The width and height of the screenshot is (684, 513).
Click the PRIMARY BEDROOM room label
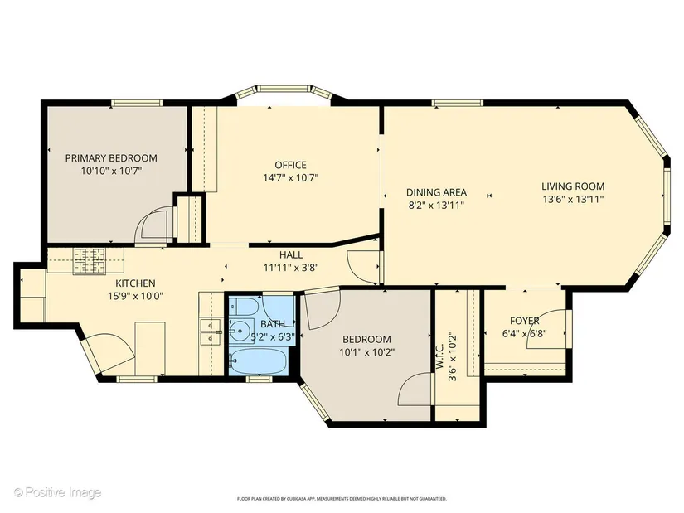coord(111,158)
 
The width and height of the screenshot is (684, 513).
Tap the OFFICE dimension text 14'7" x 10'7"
coord(290,177)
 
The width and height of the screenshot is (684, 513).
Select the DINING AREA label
coord(436,192)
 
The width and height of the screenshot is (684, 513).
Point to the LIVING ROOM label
coord(573,186)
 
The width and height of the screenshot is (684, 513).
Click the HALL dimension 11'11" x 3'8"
coord(291,268)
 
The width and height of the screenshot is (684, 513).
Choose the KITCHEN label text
coord(135,283)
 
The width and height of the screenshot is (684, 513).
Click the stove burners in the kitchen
coord(90,261)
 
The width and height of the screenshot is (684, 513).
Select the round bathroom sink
coord(240,332)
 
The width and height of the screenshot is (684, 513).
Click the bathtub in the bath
coord(258,361)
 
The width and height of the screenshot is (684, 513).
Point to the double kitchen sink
coord(211,332)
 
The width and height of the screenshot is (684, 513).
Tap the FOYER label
coord(524,321)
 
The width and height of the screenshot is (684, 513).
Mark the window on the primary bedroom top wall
coord(137,104)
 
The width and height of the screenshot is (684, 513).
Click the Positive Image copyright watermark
coord(57,493)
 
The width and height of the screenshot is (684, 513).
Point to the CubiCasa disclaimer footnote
coord(342,499)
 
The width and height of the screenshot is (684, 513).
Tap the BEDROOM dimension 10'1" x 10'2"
coord(367,352)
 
